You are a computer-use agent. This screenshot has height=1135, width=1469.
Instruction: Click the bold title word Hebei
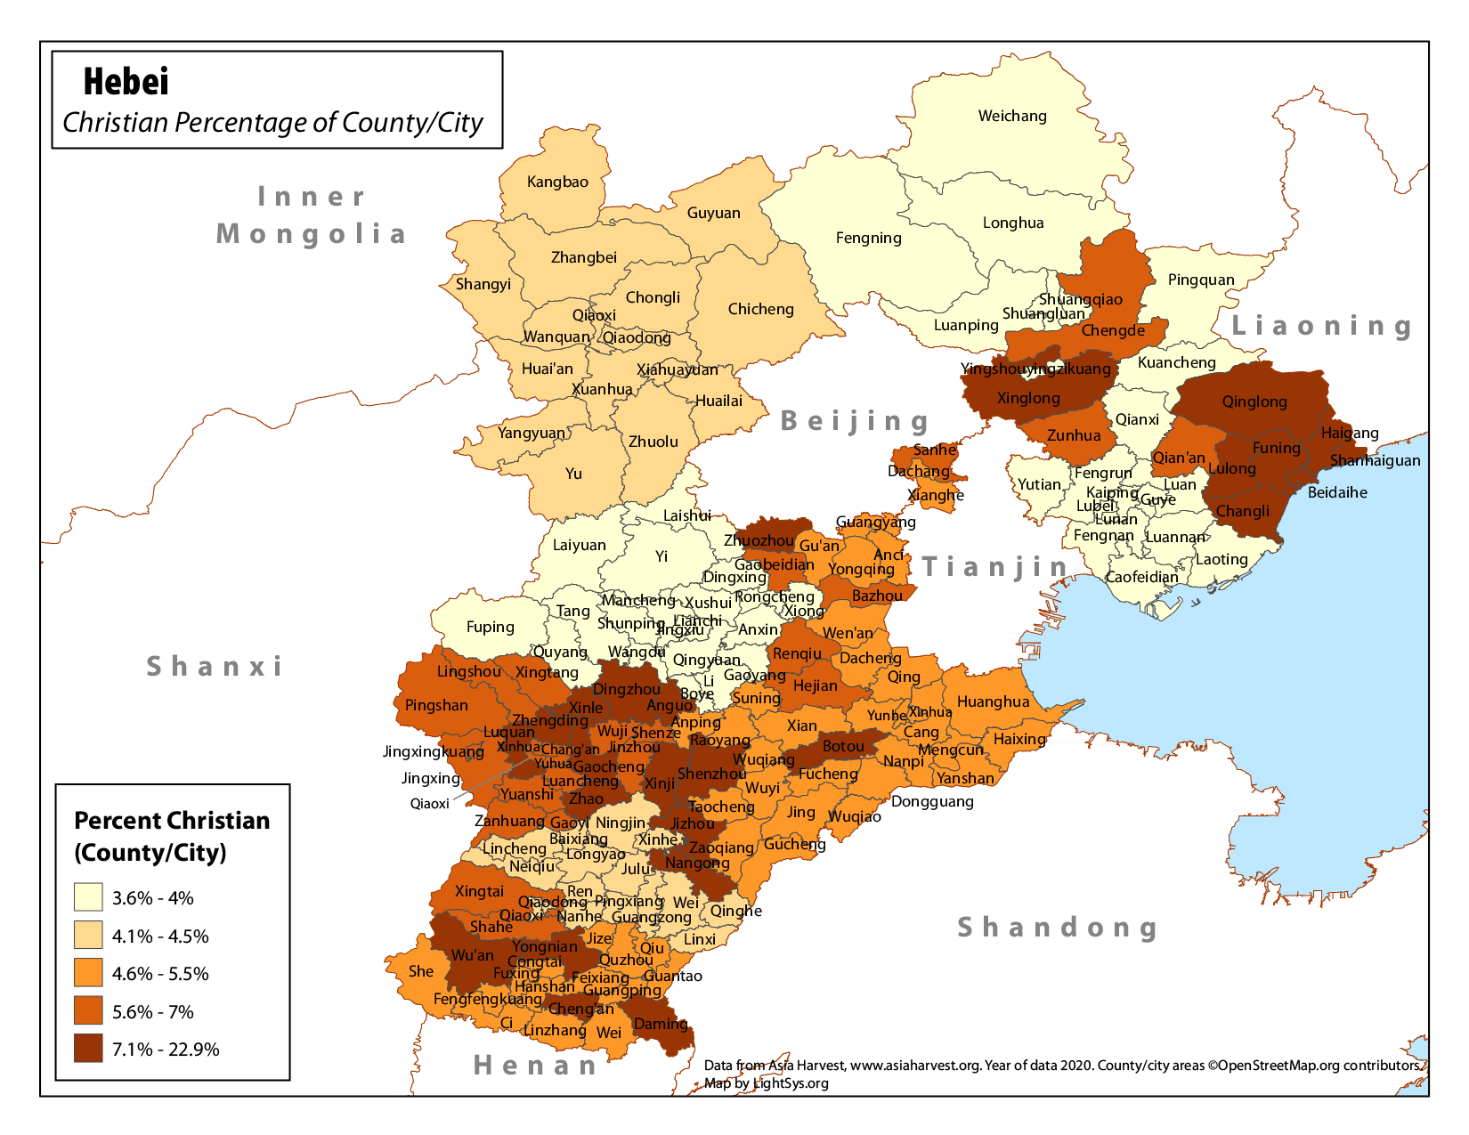pos(126,82)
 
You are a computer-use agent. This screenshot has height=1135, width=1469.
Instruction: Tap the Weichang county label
pos(1012,116)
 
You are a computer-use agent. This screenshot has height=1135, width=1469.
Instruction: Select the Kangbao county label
pos(557,182)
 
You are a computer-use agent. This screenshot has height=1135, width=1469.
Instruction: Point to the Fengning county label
pos(868,238)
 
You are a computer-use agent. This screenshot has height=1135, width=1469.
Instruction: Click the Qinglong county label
pos(1254,401)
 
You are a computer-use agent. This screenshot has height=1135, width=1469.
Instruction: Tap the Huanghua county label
pos(993,701)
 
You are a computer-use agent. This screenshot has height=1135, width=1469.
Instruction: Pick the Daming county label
pos(661,1024)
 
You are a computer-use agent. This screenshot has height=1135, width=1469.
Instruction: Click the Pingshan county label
pos(436,705)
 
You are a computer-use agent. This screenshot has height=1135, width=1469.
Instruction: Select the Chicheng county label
pos(760,309)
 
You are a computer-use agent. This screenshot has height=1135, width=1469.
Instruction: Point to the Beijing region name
pos(855,421)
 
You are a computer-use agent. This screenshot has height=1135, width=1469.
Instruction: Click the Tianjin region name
pos(995,566)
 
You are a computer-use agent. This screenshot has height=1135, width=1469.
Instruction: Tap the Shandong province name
pos(1058,927)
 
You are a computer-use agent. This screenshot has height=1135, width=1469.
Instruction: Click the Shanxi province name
pos(215,666)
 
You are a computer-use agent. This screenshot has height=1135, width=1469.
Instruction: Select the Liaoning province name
pos(1321,326)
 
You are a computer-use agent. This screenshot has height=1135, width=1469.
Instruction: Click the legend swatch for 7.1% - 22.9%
pos(88,1049)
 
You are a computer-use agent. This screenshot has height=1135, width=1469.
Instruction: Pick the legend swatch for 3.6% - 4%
pos(88,897)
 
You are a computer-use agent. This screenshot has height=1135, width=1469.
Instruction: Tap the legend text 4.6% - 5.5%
pos(160,974)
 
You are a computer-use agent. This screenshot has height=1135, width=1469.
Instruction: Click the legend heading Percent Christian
pos(172,820)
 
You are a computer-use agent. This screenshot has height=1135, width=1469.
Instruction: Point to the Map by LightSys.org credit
pos(766,1083)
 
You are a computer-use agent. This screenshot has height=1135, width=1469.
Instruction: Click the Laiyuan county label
pos(579,545)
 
